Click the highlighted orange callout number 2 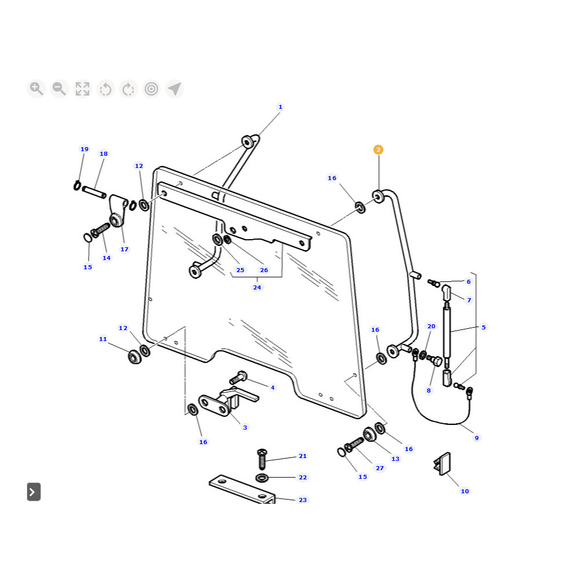click(378, 149)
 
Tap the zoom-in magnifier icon click(36, 89)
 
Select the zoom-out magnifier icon click(59, 89)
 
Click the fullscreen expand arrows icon click(82, 89)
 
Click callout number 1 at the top click(280, 107)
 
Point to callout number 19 click(85, 149)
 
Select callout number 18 click(104, 154)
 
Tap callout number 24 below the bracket click(257, 287)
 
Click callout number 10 click(465, 492)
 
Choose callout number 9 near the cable click(477, 438)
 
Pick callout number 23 click(303, 500)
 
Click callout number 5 click(483, 327)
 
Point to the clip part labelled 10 click(442, 463)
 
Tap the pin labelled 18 click(94, 192)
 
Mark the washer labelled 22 click(261, 478)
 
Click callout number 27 click(380, 468)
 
